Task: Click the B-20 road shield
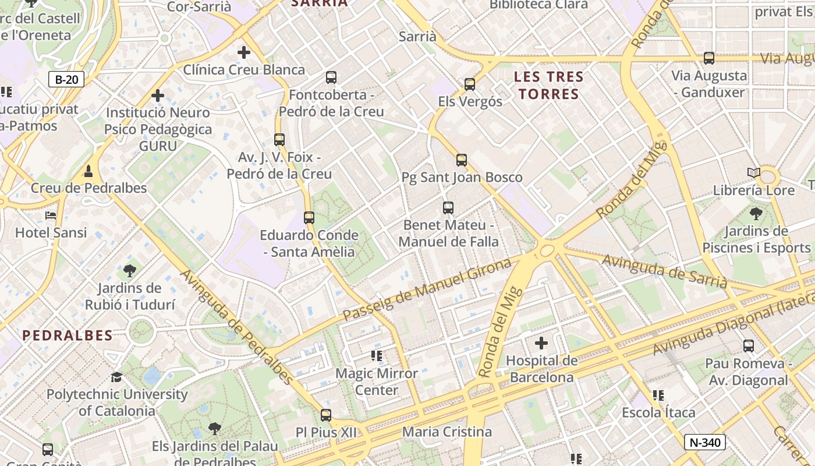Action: [x=66, y=80]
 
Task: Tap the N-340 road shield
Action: [x=705, y=442]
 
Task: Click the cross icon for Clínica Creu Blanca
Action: [x=244, y=52]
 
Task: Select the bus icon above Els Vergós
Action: [x=470, y=84]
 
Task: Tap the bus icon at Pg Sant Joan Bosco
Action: [x=462, y=160]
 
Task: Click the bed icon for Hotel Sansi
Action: [x=51, y=216]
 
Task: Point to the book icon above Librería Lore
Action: [x=754, y=173]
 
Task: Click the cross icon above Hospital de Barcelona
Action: [x=541, y=343]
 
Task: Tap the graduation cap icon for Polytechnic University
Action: [x=117, y=377]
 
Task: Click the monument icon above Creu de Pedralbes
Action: [x=88, y=171]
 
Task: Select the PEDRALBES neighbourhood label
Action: [x=68, y=336]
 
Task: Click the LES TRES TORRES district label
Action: [x=549, y=85]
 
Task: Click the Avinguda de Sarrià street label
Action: [x=664, y=271]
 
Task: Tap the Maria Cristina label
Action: [x=447, y=432]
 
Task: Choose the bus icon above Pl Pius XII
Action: [x=326, y=415]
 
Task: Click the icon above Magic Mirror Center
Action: [x=377, y=356]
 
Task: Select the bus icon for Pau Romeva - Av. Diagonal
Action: [x=749, y=346]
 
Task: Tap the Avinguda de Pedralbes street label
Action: [x=237, y=326]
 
